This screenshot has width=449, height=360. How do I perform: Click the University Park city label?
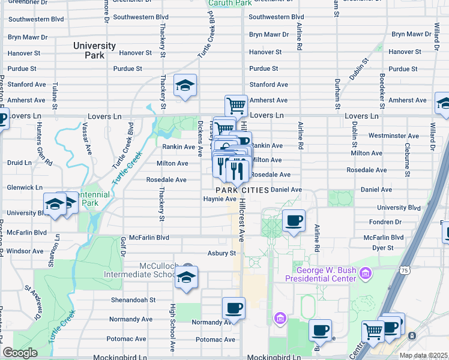click(94, 50)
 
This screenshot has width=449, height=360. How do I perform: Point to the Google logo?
click(20, 353)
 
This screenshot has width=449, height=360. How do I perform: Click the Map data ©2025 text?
click(424, 355)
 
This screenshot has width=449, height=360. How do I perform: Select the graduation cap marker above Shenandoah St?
click(186, 277)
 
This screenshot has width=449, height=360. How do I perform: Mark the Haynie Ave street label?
click(219, 199)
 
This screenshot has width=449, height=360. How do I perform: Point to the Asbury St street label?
click(221, 253)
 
